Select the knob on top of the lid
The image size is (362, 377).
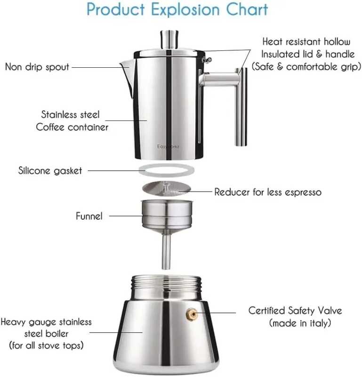(169, 39)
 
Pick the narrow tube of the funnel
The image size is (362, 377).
(166, 251)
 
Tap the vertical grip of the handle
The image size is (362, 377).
(241, 107)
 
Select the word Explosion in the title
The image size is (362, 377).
(185, 9)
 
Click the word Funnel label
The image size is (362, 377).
(89, 216)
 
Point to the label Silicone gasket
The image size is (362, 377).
(50, 170)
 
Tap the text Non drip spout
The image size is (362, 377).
(37, 67)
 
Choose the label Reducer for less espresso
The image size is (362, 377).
(268, 192)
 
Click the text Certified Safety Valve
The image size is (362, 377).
(295, 311)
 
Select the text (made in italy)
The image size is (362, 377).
(300, 323)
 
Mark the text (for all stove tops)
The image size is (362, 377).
(47, 345)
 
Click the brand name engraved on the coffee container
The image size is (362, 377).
(168, 146)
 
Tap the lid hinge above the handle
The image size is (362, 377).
(207, 59)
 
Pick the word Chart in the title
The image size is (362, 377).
(247, 9)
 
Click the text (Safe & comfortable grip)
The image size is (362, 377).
(306, 67)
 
